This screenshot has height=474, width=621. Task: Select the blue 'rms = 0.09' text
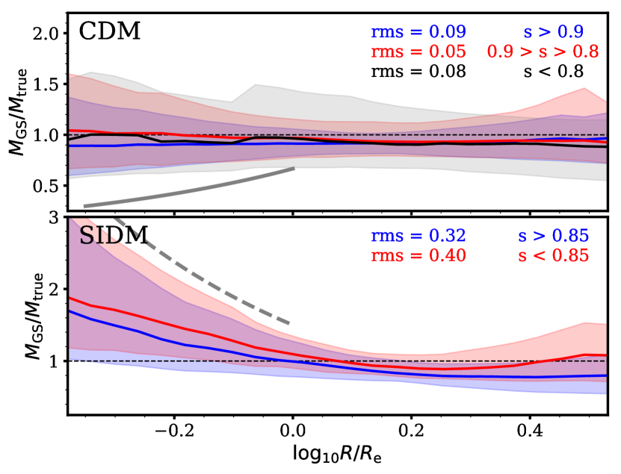(x=418, y=32)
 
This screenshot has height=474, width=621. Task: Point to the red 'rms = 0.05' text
(x=418, y=52)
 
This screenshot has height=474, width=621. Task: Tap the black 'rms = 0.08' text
(x=418, y=72)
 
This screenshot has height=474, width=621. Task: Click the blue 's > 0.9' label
(x=554, y=32)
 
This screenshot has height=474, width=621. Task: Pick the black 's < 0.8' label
(x=554, y=72)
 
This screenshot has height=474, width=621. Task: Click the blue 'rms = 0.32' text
(x=418, y=236)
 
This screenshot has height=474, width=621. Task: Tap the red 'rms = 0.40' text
(x=418, y=256)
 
